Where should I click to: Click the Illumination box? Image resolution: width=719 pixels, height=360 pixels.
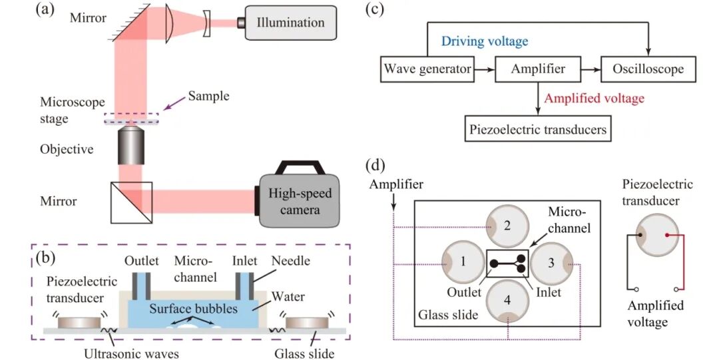[x=290, y=23]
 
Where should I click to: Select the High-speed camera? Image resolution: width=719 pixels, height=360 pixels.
[x=299, y=201]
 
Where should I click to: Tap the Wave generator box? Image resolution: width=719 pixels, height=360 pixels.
[x=427, y=69]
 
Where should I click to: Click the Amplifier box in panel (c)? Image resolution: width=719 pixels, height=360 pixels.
[x=538, y=69]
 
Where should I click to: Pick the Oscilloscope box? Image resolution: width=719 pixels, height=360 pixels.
[x=648, y=69]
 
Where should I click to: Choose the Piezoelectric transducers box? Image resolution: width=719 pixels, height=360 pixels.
[x=539, y=129]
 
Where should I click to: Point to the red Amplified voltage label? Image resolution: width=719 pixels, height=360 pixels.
[x=594, y=98]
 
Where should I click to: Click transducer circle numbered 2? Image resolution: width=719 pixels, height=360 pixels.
[x=507, y=225]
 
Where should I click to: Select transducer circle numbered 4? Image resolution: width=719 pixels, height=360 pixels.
[x=508, y=301]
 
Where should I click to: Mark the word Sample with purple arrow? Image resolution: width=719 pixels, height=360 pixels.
[x=208, y=96]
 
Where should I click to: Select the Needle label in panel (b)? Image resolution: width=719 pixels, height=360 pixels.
[x=292, y=261]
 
